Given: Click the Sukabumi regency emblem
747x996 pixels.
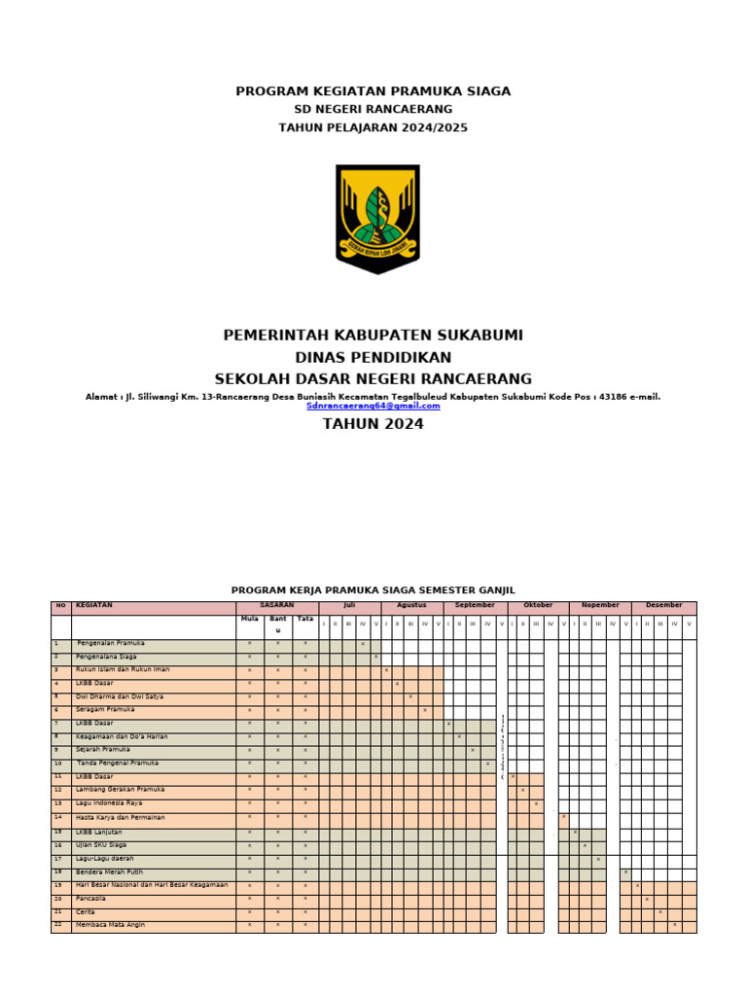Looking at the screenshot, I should point(377,218).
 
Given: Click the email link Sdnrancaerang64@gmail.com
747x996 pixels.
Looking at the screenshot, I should point(373,406).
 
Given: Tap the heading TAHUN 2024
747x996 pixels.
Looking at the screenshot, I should point(373,423).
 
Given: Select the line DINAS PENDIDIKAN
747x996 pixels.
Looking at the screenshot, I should point(373,357).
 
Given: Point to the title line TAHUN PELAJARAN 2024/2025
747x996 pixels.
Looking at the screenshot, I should point(373,126).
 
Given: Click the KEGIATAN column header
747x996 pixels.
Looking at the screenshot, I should point(94,606).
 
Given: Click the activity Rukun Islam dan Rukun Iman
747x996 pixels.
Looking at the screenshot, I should point(123,670).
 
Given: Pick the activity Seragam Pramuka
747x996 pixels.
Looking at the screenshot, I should point(105,710).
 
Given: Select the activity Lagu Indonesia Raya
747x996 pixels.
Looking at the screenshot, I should point(109,803).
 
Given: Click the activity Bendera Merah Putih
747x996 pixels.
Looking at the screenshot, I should point(109,871).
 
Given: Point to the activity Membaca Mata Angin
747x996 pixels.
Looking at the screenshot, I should point(110,925).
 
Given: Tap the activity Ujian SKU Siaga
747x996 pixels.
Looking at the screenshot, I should point(102,845).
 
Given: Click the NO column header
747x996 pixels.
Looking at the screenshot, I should point(60,606).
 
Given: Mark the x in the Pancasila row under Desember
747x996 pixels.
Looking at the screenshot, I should point(647,899).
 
